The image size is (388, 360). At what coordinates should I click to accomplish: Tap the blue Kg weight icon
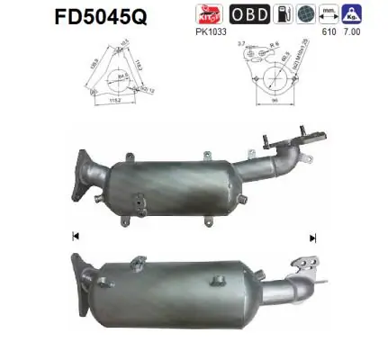tap(358, 16)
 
